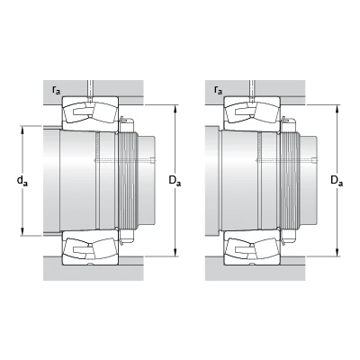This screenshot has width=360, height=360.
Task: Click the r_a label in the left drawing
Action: [56, 90]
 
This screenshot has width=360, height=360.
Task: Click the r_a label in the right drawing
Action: [218, 90]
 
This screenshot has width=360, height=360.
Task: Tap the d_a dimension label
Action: [22, 181]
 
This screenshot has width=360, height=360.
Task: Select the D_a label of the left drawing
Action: [175, 181]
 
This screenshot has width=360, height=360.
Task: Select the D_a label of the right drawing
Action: [337, 181]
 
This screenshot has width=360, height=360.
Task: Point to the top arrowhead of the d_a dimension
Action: [22, 130]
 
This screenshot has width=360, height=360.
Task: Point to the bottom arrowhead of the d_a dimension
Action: [22, 232]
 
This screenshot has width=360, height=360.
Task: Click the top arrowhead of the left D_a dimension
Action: [175, 109]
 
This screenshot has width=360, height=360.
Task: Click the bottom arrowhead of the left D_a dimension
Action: [175, 253]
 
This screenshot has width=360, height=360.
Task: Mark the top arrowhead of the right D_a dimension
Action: [337, 109]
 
